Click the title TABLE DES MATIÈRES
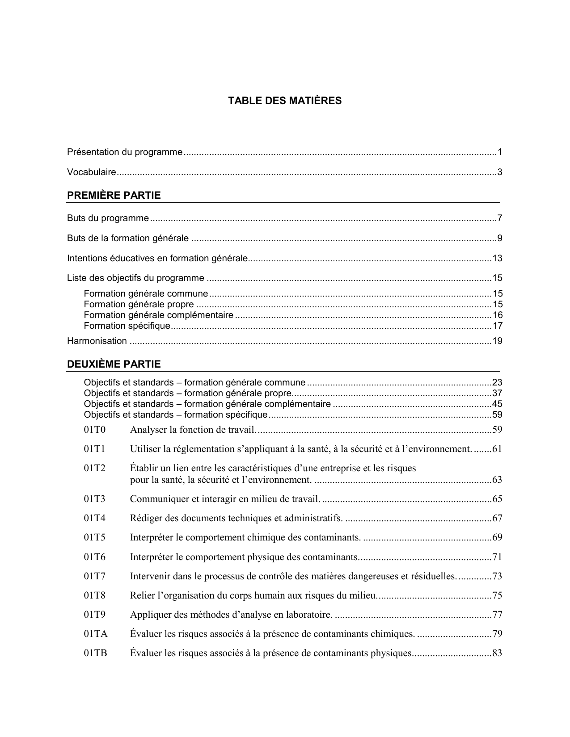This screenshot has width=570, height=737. [285, 101]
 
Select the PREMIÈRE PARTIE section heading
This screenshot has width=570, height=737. [114, 195]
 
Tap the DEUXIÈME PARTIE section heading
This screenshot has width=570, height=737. [114, 364]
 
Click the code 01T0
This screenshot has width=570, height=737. [94, 430]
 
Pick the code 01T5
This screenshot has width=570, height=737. [94, 537]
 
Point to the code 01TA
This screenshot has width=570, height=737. [96, 634]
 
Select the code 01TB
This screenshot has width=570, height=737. [96, 653]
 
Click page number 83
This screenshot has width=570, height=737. [497, 653]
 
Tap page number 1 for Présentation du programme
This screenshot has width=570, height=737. [500, 152]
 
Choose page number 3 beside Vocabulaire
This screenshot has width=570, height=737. [500, 172]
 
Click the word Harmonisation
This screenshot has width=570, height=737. [97, 341]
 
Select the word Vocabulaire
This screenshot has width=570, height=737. [91, 172]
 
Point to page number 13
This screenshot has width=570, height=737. [497, 258]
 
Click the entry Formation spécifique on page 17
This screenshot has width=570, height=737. [127, 326]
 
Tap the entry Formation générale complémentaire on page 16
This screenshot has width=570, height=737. [158, 315]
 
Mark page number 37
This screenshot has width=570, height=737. [497, 394]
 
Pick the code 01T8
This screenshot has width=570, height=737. [94, 595]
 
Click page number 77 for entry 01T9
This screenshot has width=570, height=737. [497, 615]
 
